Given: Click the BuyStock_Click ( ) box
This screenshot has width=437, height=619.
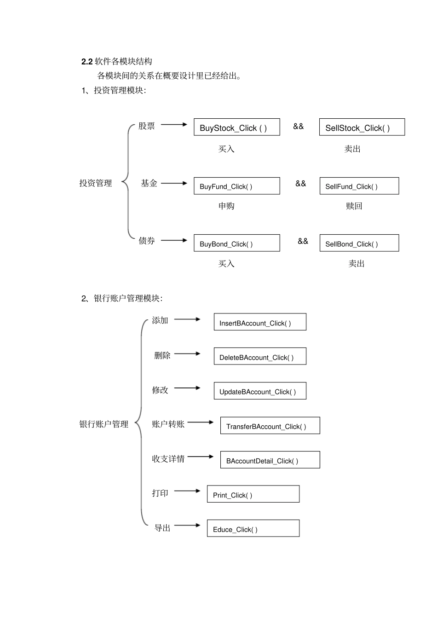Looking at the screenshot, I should [236, 127].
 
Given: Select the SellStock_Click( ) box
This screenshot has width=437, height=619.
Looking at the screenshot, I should [362, 127].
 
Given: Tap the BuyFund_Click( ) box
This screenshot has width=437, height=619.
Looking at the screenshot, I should [236, 186].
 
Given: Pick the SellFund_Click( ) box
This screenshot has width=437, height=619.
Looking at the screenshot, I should [359, 186].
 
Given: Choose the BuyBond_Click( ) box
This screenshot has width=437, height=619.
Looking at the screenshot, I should [236, 243].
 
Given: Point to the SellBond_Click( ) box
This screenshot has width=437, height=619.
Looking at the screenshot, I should [359, 243].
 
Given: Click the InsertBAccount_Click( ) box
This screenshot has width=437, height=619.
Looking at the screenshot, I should [260, 322].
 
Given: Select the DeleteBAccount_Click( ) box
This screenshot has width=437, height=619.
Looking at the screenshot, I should [260, 357].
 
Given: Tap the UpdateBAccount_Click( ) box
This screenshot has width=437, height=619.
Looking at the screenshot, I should [260, 391].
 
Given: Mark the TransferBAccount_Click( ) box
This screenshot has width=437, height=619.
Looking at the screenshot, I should [270, 426].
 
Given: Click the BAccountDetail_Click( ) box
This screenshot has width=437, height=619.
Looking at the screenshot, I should [270, 460].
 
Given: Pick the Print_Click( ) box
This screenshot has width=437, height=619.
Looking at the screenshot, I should [253, 494].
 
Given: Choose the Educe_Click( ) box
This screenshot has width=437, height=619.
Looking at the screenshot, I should [253, 529].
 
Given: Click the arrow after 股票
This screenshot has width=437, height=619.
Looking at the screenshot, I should [174, 125].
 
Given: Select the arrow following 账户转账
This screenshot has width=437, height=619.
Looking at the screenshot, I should [201, 422].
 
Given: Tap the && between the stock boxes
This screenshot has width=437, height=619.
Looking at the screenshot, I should [299, 126].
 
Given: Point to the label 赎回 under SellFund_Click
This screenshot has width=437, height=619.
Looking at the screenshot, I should [354, 206].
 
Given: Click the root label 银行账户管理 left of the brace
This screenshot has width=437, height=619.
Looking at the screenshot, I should [104, 424].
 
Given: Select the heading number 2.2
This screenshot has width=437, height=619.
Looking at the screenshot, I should [87, 62].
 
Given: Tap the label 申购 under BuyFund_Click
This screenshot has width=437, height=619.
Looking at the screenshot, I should [226, 206].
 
